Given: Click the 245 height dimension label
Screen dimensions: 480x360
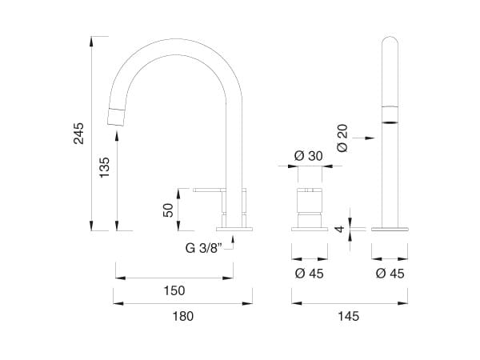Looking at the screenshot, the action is click(x=78, y=134).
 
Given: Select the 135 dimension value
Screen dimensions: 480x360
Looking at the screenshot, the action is click(x=104, y=167).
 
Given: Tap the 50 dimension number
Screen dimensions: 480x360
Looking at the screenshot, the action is click(x=168, y=210).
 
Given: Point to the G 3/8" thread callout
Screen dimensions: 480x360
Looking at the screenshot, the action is click(x=203, y=248).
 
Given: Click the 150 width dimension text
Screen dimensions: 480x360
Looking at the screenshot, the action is click(x=174, y=290).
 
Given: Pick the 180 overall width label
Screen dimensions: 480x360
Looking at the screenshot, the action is click(x=183, y=316).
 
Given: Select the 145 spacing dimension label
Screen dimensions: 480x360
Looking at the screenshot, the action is click(x=348, y=316).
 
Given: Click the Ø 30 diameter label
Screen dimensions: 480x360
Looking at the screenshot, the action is click(x=308, y=156).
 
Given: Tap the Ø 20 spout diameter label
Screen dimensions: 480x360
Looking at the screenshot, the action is click(x=342, y=138).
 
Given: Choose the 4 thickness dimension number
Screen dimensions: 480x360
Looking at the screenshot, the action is click(x=340, y=229).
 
